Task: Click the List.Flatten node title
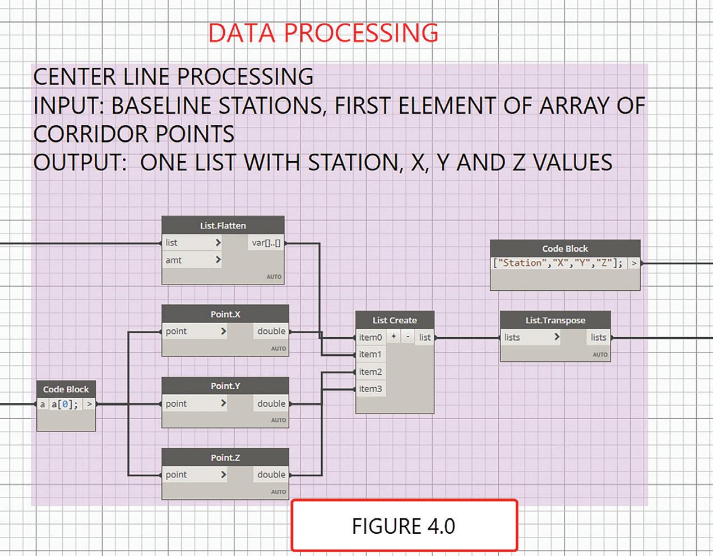pyautogui.click(x=223, y=226)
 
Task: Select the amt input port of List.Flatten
pyautogui.click(x=192, y=260)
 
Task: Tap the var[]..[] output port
pyautogui.click(x=266, y=243)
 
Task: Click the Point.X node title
pyautogui.click(x=225, y=314)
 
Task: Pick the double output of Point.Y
pyautogui.click(x=271, y=403)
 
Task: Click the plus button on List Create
pyautogui.click(x=393, y=336)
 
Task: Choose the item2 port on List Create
pyautogui.click(x=371, y=372)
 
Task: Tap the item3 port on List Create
pyautogui.click(x=371, y=389)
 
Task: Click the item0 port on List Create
pyautogui.click(x=371, y=337)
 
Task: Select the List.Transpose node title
pyautogui.click(x=555, y=320)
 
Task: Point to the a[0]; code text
pyautogui.click(x=64, y=405)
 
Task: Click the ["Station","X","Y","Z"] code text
pyautogui.click(x=558, y=263)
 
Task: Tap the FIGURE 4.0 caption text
pyautogui.click(x=404, y=526)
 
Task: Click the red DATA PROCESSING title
pyautogui.click(x=323, y=33)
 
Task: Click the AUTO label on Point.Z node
pyautogui.click(x=279, y=492)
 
